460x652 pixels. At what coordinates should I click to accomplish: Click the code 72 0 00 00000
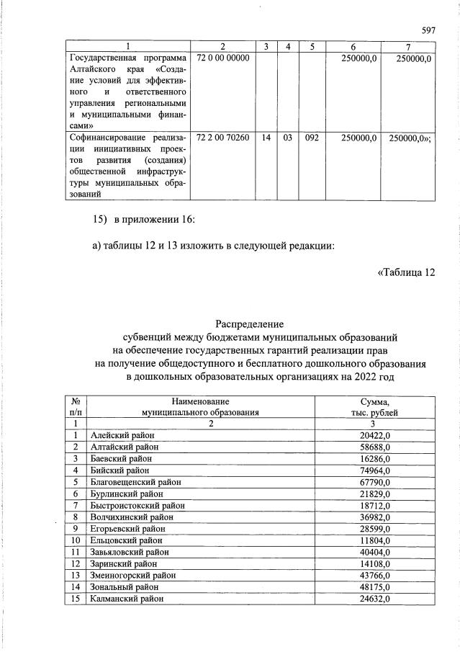click(217, 58)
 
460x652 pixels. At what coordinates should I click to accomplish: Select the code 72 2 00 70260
click(217, 138)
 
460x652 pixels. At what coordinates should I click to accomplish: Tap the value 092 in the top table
click(312, 138)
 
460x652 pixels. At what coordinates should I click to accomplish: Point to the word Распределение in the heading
click(251, 325)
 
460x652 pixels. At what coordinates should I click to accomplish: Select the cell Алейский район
click(122, 435)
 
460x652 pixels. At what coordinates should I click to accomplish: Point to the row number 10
click(75, 540)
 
